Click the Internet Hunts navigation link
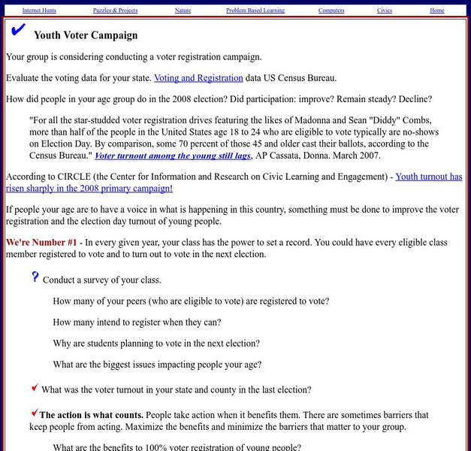38,11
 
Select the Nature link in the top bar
183,11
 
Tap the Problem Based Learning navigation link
255,11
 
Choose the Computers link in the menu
331,11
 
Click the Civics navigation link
385,11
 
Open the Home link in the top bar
436,11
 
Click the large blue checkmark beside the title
18,30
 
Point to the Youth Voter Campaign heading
86,35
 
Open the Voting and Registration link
198,77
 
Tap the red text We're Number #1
41,242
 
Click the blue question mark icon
35,277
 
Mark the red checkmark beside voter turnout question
35,387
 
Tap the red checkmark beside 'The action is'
35,412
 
